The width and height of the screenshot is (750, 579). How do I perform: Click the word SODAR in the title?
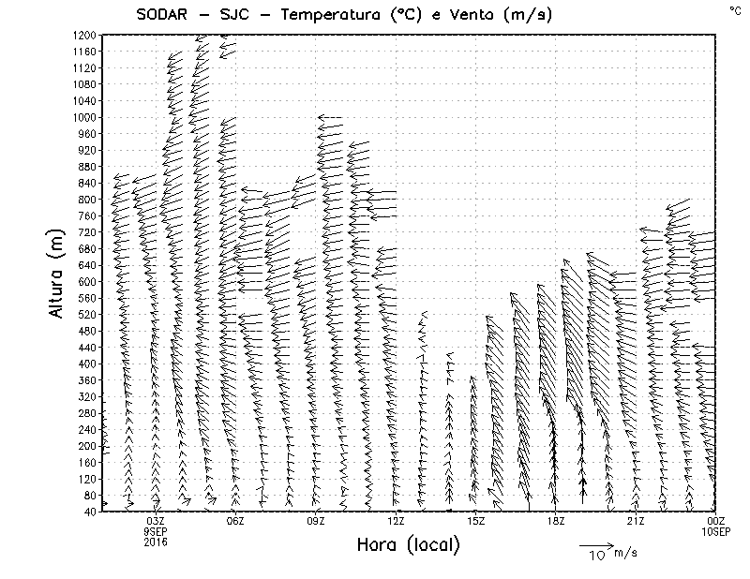[161, 14]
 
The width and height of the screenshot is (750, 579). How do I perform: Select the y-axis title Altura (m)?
[57, 272]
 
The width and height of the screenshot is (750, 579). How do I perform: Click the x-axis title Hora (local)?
[408, 544]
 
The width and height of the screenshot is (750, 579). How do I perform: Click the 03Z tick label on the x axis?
[156, 521]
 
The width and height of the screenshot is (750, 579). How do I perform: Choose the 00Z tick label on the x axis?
[716, 521]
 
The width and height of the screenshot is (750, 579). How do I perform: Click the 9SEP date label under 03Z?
[156, 531]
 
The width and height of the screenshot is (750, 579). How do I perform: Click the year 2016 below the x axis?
[156, 542]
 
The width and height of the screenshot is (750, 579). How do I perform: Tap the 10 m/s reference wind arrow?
[595, 544]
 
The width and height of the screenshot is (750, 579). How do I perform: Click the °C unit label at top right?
[734, 9]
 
